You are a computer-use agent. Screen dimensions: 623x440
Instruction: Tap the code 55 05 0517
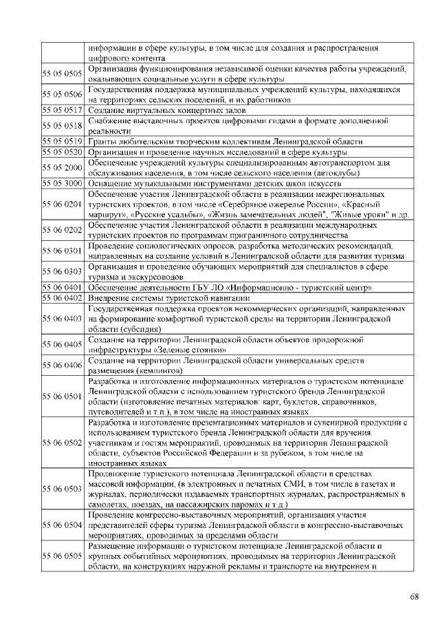coord(63,110)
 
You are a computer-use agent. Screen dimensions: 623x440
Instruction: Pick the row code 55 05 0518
coord(63,125)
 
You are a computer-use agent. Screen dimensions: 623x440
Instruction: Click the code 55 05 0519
coord(63,141)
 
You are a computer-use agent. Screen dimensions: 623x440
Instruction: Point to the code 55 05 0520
coord(63,151)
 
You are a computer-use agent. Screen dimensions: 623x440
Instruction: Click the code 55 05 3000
coord(63,183)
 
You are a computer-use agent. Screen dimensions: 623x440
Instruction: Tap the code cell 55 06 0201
coord(63,204)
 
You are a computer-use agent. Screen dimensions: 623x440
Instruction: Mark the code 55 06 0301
coord(63,251)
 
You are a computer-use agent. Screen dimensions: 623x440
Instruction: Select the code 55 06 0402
coord(63,297)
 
